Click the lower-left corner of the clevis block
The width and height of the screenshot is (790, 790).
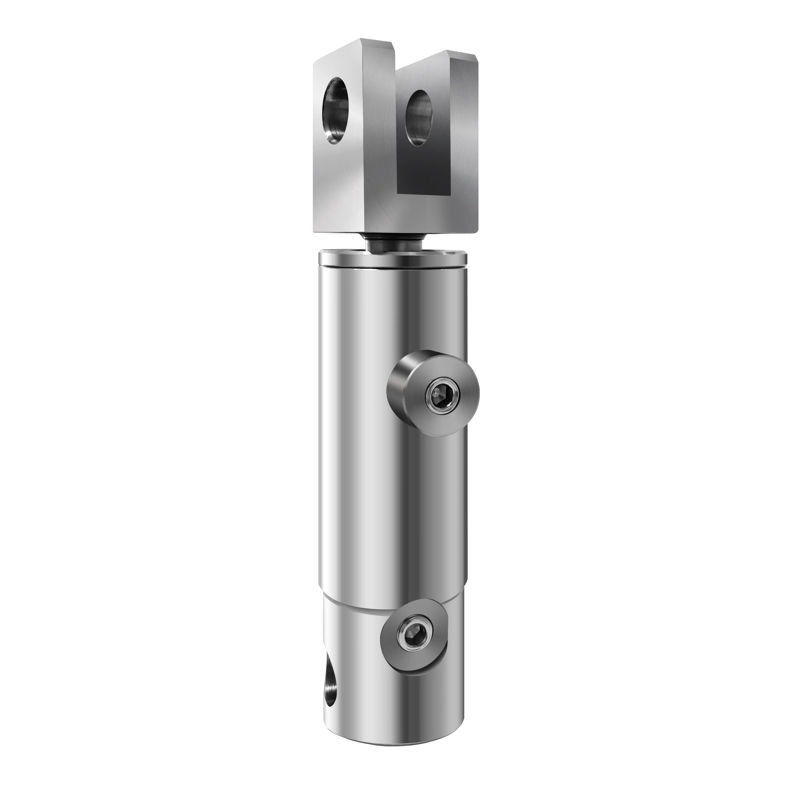pos(315,231)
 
